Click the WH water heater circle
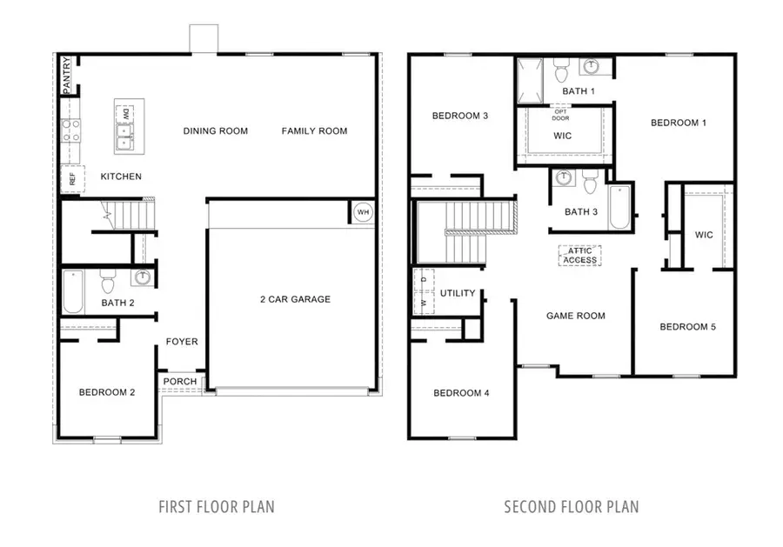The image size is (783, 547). (x=363, y=211)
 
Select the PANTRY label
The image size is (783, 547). (x=66, y=77)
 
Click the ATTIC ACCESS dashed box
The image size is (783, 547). (x=579, y=255)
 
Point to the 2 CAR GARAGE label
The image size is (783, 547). (x=295, y=299)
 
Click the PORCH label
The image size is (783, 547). (x=179, y=382)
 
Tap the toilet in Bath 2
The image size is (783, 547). (x=109, y=282)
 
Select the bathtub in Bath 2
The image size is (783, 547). (x=73, y=292)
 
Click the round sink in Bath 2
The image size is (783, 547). (x=142, y=277)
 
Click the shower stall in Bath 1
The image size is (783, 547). (x=530, y=81)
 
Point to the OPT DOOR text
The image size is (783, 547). (x=562, y=114)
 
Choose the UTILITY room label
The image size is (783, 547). (x=458, y=293)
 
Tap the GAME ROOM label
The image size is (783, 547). (x=575, y=316)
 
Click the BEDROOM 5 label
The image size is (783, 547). (x=687, y=327)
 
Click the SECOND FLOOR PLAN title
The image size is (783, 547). (x=572, y=506)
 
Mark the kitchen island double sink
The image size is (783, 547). (x=125, y=136)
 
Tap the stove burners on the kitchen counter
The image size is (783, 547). (x=70, y=130)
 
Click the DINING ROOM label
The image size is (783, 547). (x=215, y=131)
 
